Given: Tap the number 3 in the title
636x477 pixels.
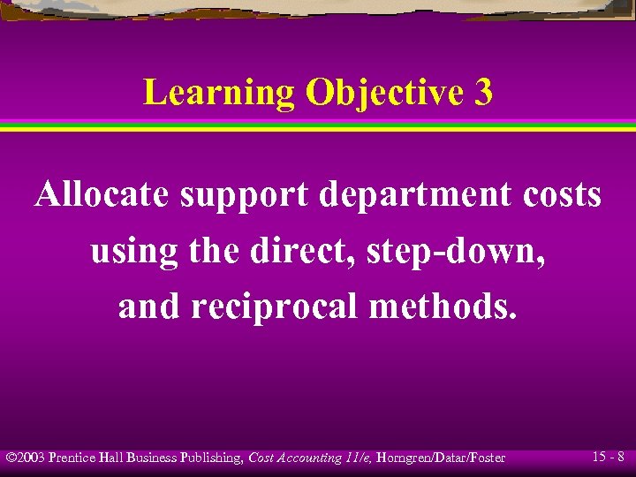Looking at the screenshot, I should (x=482, y=93).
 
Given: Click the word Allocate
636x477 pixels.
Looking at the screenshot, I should (x=102, y=195).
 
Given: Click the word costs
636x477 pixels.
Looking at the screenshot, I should (x=558, y=196).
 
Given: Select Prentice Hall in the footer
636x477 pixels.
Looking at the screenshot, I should (x=87, y=458).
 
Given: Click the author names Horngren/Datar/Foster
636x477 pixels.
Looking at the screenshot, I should (x=440, y=458).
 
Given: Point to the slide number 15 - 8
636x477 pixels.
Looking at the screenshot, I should (x=609, y=457).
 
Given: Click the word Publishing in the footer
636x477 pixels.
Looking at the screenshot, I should (x=215, y=458).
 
